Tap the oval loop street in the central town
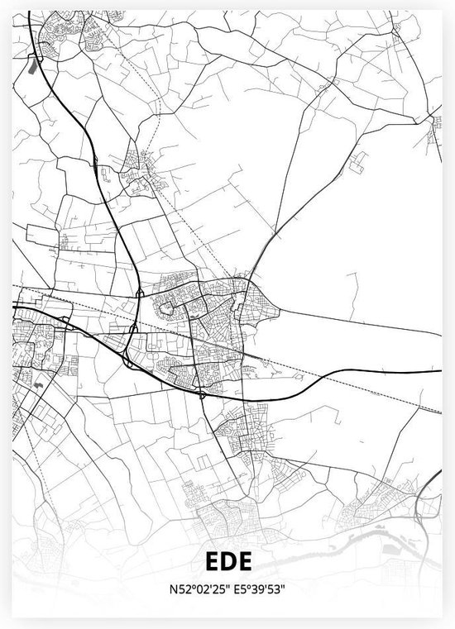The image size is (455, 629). pyautogui.click(x=167, y=309)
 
